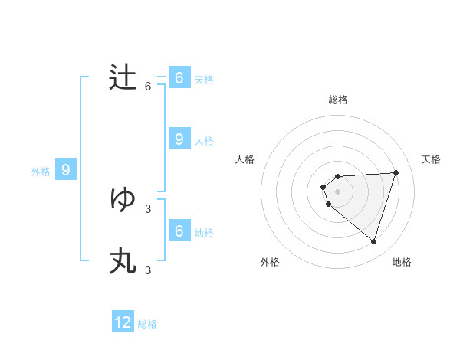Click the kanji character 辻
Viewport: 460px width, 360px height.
(x=123, y=78)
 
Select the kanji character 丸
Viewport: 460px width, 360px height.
(x=123, y=261)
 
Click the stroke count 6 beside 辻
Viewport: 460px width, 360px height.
(x=148, y=87)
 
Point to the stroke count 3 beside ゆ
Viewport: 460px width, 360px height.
(x=148, y=208)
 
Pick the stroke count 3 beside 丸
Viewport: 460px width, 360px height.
(x=148, y=270)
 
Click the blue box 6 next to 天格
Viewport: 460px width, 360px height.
(x=179, y=78)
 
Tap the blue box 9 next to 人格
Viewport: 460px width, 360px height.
(x=179, y=139)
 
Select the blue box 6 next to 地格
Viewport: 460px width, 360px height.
(x=179, y=231)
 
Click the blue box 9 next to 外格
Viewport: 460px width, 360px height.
(x=66, y=170)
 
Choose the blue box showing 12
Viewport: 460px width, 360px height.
(x=123, y=322)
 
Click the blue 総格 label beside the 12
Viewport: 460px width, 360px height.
(x=147, y=324)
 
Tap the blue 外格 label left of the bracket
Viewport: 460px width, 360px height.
(x=41, y=172)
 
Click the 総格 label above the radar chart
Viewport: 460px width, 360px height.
(x=337, y=100)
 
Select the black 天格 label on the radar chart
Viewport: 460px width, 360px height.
(x=431, y=159)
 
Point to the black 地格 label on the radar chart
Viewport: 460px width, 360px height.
(x=402, y=262)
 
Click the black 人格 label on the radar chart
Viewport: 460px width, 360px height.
(x=245, y=159)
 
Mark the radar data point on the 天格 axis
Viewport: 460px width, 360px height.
(x=396, y=172)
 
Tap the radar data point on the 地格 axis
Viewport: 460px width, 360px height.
(x=373, y=241)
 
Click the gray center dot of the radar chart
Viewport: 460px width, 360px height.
(x=337, y=191)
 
